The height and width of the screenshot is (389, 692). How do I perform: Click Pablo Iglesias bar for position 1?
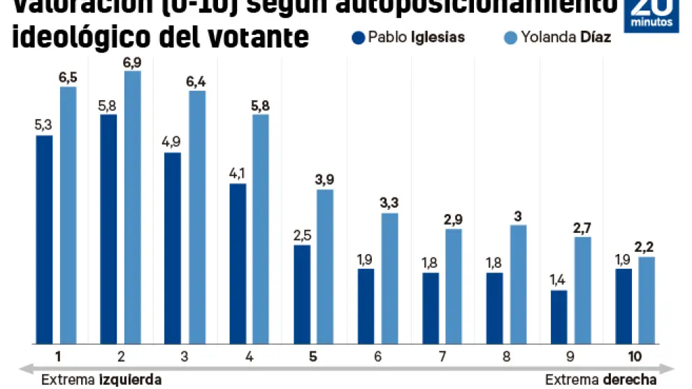pos(45,239)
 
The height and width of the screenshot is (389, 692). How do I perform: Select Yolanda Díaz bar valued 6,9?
pos(132,207)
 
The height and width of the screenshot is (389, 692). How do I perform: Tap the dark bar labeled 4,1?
pos(238,264)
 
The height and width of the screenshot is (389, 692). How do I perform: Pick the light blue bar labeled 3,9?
pos(325,267)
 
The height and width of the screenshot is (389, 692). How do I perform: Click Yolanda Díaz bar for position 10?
pos(647,300)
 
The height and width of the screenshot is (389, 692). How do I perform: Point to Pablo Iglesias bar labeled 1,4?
pos(559,317)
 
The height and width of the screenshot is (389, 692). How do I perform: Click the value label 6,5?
pos(68,76)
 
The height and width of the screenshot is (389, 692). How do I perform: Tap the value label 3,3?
pos(389,203)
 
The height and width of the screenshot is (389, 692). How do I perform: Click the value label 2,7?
pos(583,227)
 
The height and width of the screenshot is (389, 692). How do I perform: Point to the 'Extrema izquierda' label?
pos(101,380)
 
